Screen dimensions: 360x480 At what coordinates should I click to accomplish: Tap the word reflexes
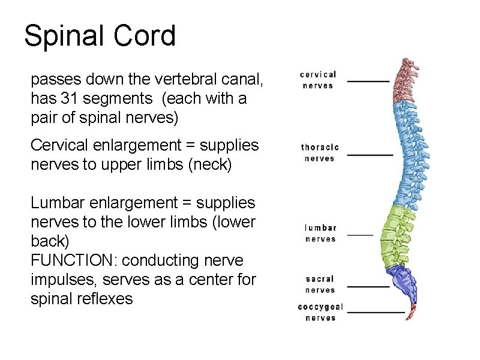[106, 299]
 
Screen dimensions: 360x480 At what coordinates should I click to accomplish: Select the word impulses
[58, 280]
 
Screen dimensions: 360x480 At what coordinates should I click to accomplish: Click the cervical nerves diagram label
[318, 80]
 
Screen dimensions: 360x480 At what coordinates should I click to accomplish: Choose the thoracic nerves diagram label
[320, 152]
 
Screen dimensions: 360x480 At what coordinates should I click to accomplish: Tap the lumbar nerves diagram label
[320, 233]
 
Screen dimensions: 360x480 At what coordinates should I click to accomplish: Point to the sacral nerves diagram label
[320, 284]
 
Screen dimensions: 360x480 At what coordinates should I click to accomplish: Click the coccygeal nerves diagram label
[320, 312]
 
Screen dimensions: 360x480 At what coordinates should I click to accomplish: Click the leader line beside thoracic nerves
[370, 155]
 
